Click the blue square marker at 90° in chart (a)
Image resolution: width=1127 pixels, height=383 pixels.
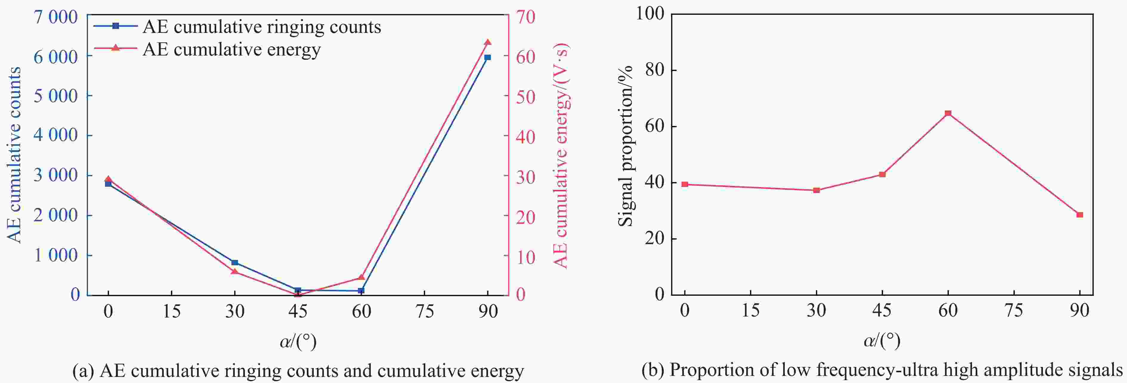487,57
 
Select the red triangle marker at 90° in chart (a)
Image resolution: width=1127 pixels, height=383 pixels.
487,42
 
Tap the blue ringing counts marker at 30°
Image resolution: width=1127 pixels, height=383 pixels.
234,263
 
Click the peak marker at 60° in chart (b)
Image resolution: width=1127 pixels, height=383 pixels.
948,114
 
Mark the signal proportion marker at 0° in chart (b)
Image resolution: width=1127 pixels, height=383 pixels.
685,185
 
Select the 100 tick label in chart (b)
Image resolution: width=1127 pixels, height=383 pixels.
649,13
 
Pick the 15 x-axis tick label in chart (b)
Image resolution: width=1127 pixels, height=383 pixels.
750,311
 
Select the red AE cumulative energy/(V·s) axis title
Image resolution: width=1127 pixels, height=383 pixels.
561,156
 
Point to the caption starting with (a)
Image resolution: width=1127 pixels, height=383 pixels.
298,371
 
